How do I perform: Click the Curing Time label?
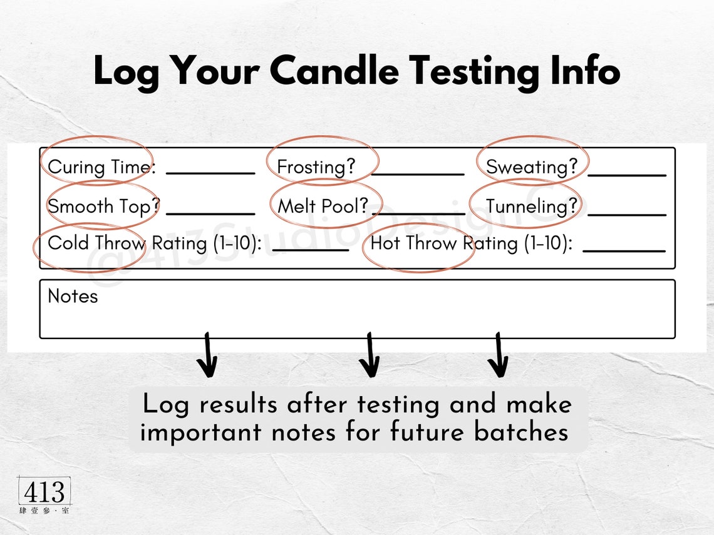point(101,167)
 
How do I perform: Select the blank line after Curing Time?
point(210,172)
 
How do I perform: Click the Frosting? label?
point(316,167)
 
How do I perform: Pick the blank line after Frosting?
point(418,172)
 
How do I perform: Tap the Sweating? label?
point(532,167)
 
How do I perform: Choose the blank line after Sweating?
point(626,173)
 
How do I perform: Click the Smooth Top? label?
point(104,206)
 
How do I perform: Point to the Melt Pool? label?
point(323,206)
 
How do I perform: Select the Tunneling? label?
point(532,206)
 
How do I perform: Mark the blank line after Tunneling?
point(626,213)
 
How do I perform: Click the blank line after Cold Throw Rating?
point(311,249)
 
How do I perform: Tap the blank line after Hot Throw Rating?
point(624,250)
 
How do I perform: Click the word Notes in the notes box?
point(73,296)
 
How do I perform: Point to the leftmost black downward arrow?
point(207,355)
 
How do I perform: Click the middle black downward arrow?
point(370,355)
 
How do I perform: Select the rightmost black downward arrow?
point(498,355)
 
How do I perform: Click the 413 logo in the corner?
point(44,495)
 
